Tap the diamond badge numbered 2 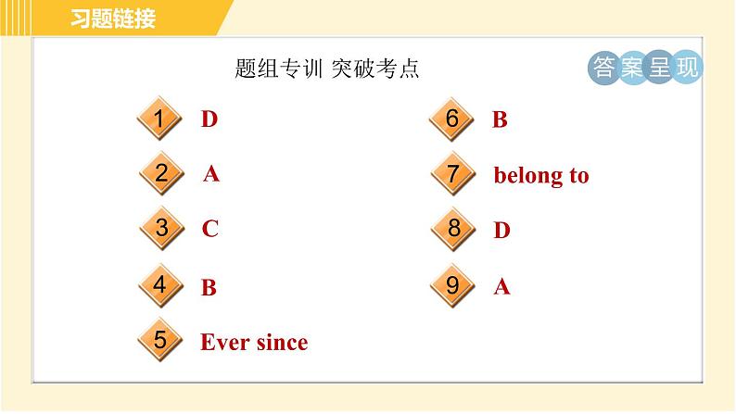(x=162, y=173)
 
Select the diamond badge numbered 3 (x=160, y=229)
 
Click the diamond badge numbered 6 (x=452, y=119)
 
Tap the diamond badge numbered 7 (x=452, y=174)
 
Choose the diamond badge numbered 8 (x=452, y=229)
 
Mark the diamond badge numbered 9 (x=452, y=286)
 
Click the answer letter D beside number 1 (x=209, y=119)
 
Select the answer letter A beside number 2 (x=211, y=174)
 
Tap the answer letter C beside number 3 (x=210, y=230)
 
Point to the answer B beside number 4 (x=209, y=287)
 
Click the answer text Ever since (x=254, y=343)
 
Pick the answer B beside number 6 (x=500, y=119)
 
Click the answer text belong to (x=541, y=175)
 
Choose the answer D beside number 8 (x=501, y=231)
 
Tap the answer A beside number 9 (x=501, y=287)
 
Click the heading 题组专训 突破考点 (x=327, y=69)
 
